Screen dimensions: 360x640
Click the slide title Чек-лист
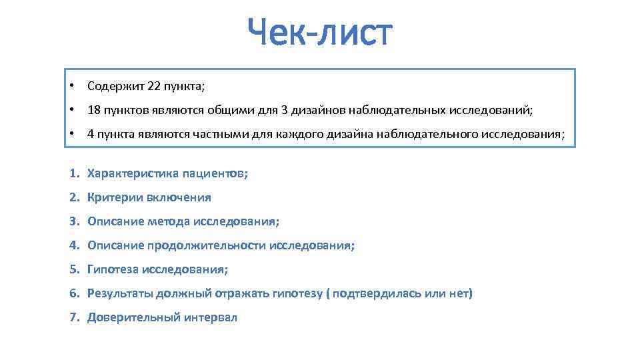click(x=320, y=33)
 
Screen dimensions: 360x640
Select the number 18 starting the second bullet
click(x=93, y=110)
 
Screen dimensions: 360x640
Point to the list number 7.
click(x=73, y=317)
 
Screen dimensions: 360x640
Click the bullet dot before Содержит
click(x=71, y=86)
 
